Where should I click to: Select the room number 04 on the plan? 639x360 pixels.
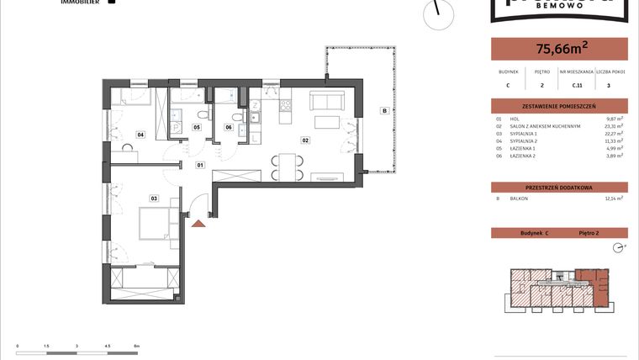click(141, 135)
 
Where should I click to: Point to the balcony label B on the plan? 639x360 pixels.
click(384, 110)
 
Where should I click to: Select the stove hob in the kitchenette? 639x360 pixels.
click(283, 106)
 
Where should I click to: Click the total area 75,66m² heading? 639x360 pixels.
click(559, 49)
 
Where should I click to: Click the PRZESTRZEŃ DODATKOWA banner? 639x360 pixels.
click(559, 187)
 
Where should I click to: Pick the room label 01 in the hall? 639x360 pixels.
click(201, 165)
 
